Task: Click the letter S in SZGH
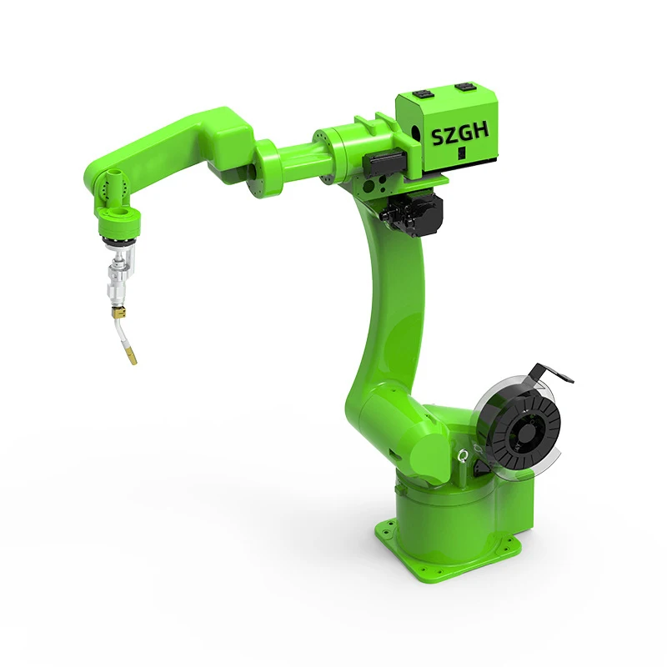tap(439, 137)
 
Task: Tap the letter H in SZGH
tap(481, 131)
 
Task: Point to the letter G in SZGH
tap(466, 133)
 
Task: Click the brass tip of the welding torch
tap(132, 357)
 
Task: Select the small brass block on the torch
tap(118, 312)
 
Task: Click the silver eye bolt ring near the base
tap(463, 456)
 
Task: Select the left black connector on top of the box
tap(424, 94)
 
